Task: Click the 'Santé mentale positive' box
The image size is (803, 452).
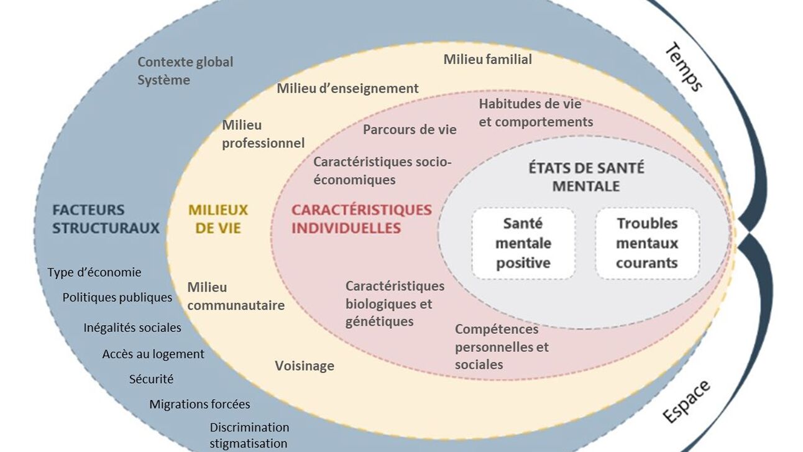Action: (523, 243)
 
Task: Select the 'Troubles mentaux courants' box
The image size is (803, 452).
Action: (647, 243)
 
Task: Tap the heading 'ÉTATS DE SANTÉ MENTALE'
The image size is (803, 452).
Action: (585, 177)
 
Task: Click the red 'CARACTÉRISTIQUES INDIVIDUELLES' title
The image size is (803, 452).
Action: (361, 219)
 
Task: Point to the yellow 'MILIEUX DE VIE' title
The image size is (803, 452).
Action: (218, 219)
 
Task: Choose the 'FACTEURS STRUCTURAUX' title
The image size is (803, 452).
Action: (106, 219)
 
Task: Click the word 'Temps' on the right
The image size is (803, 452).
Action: (684, 67)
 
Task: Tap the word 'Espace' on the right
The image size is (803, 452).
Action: (687, 402)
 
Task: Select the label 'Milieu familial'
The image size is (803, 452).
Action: (487, 59)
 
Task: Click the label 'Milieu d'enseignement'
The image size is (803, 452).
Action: (347, 88)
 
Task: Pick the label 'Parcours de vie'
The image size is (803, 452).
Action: (410, 129)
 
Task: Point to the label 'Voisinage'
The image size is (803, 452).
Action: (305, 366)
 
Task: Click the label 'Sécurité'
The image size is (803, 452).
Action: (151, 379)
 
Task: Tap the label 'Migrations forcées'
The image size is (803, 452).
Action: (200, 404)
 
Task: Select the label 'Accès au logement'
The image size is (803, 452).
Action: (153, 354)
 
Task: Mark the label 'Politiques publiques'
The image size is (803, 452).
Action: (117, 297)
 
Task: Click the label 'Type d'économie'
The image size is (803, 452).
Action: (94, 272)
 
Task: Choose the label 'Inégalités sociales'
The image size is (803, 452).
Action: (132, 327)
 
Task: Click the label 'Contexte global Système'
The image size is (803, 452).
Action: (185, 71)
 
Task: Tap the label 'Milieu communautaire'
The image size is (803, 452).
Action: (236, 296)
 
